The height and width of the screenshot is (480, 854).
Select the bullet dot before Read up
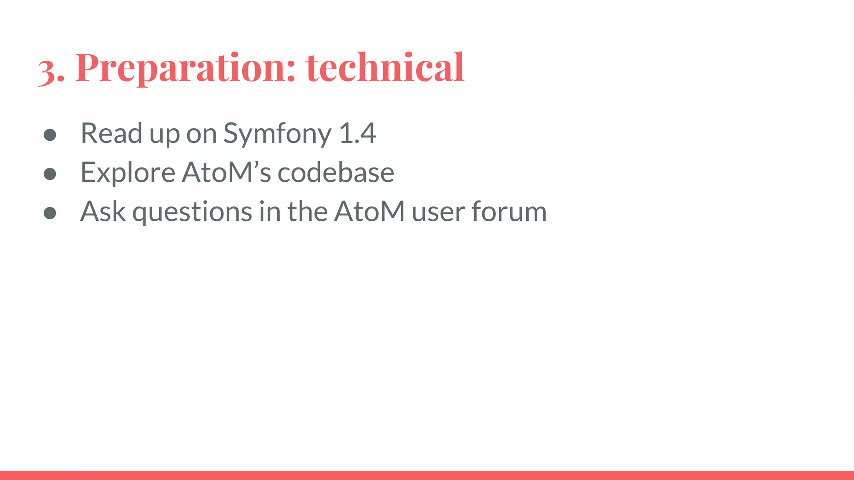click(x=50, y=135)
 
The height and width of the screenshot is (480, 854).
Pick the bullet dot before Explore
click(x=50, y=174)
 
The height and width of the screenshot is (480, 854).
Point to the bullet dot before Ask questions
click(x=50, y=213)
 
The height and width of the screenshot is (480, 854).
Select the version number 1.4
click(x=357, y=133)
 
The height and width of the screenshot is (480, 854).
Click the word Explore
click(x=128, y=172)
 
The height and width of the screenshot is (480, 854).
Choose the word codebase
click(x=336, y=172)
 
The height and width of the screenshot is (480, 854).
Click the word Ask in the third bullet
click(x=103, y=211)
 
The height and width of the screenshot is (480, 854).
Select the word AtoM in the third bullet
click(x=369, y=211)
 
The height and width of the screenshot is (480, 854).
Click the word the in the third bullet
click(x=307, y=211)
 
